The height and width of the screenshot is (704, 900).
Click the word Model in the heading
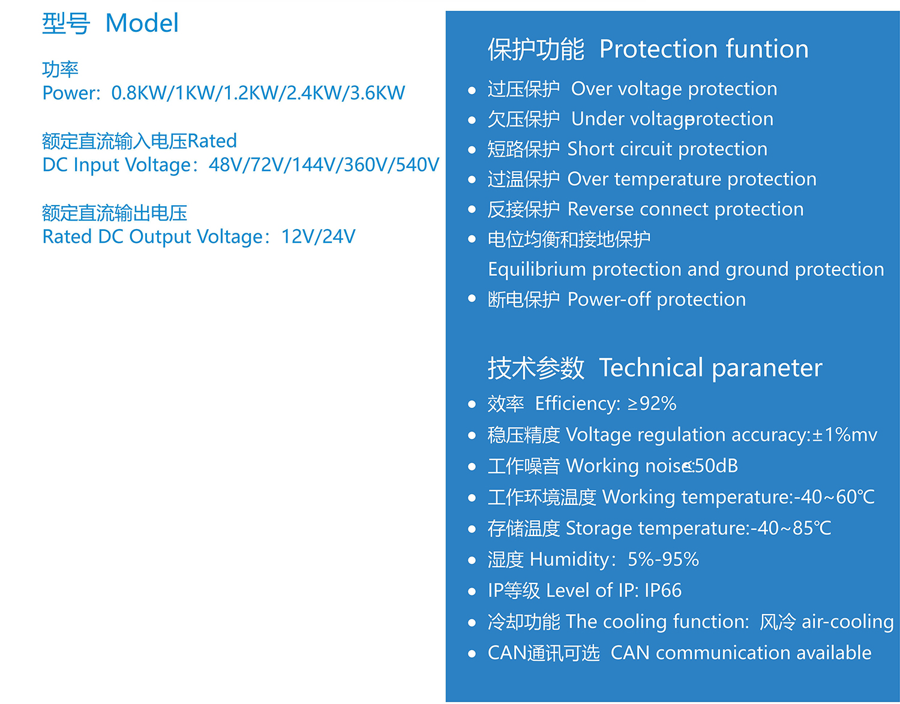tap(142, 23)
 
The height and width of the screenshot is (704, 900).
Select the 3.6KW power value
tap(377, 93)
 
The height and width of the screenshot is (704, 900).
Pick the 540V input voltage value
tap(417, 165)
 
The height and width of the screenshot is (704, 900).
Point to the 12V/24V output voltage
tap(318, 237)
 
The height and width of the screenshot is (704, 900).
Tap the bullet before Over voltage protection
tap(472, 90)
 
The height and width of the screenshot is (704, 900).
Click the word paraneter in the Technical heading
tap(767, 368)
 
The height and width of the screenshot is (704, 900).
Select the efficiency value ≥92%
tap(652, 404)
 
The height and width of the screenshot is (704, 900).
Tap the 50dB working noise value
tap(716, 465)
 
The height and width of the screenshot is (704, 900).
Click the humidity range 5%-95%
tap(663, 559)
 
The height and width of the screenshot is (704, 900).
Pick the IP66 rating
tap(663, 590)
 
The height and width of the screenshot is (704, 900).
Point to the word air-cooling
tap(847, 622)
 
